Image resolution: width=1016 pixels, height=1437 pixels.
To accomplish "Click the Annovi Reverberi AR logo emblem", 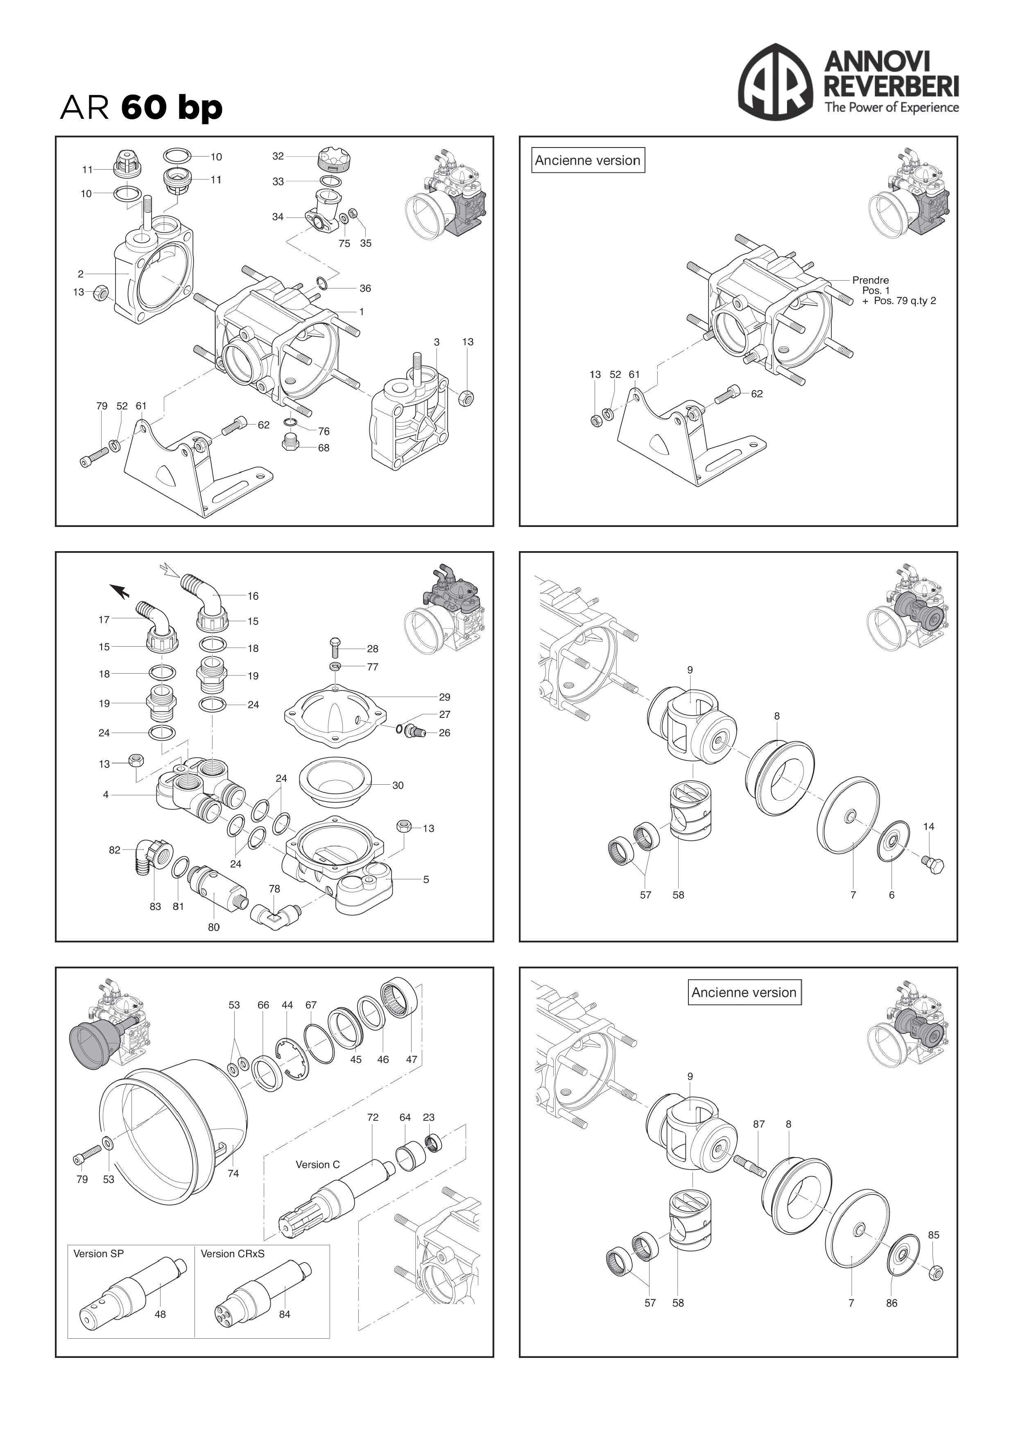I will [776, 82].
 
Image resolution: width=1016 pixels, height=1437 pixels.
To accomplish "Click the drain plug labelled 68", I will [289, 443].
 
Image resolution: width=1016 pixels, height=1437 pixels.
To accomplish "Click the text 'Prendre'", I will [870, 280].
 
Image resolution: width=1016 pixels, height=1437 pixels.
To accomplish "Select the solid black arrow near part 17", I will [120, 591].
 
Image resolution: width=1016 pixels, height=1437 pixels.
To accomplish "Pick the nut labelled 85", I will [936, 1272].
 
